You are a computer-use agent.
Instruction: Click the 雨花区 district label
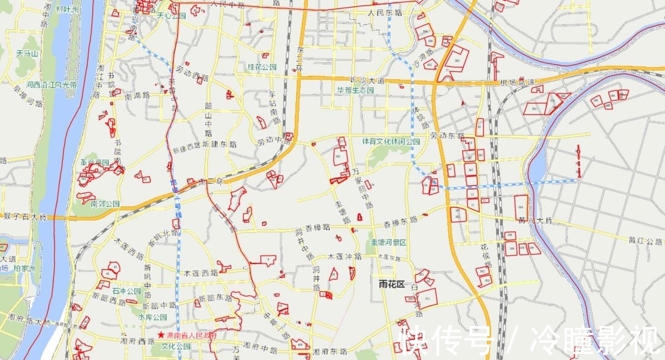(391, 284)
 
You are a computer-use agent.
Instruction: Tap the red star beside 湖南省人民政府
(161, 335)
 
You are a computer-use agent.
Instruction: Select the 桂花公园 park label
(262, 66)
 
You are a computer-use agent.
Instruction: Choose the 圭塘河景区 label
(388, 242)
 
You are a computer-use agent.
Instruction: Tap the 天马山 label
(27, 54)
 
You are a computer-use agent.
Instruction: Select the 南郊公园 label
(105, 204)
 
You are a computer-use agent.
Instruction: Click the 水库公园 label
(153, 318)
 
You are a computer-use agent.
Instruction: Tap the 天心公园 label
(171, 15)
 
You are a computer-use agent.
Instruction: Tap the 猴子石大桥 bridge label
(25, 217)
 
